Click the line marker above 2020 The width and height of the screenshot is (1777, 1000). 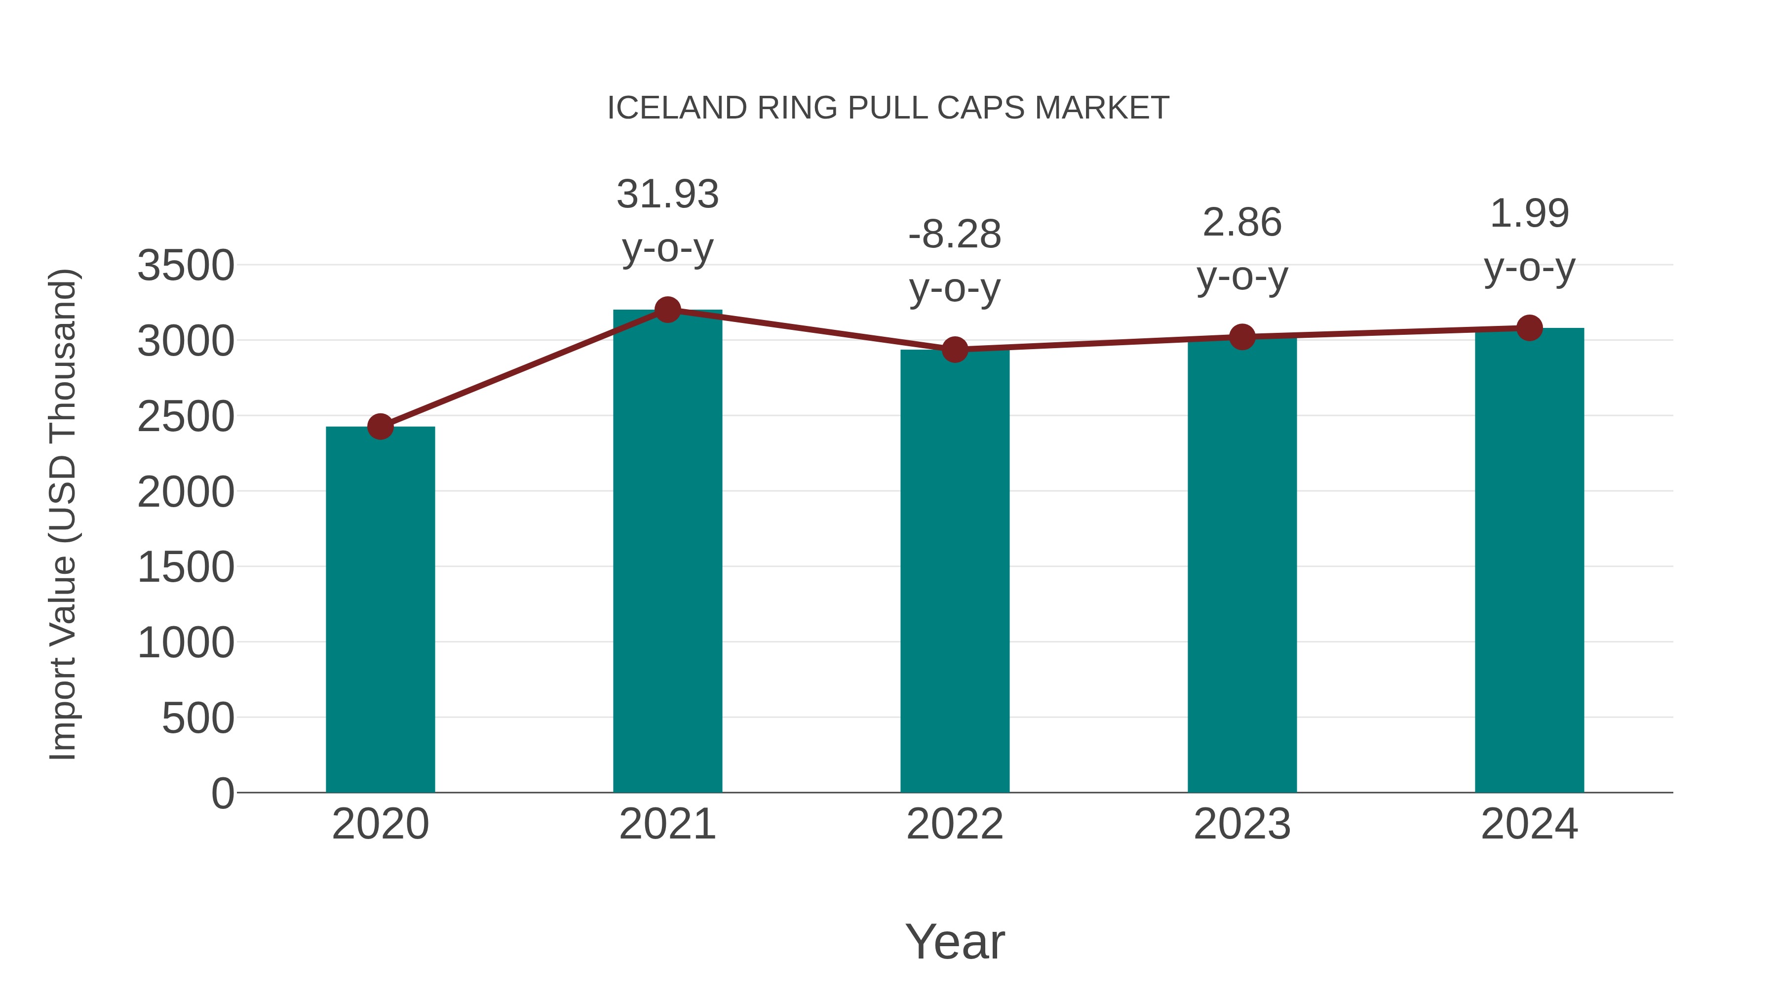[380, 427]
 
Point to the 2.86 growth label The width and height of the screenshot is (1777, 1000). [1242, 222]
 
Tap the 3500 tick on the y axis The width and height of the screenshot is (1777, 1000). [186, 266]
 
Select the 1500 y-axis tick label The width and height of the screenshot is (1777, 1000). [186, 567]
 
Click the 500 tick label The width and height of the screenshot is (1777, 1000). [198, 719]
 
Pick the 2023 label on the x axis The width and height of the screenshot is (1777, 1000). [1242, 824]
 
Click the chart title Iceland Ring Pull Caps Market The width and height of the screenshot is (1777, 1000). [888, 108]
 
